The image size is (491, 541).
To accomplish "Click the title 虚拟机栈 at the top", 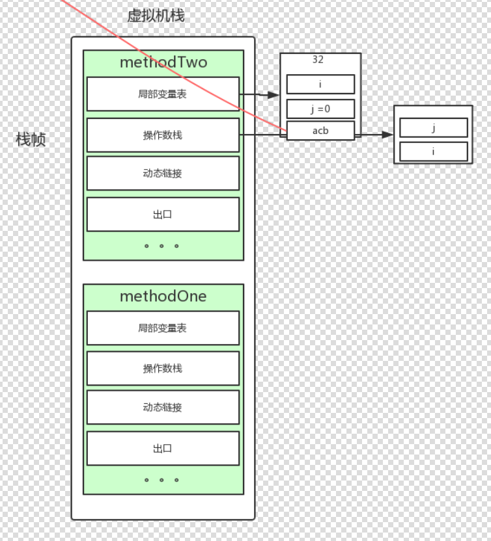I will [x=156, y=16].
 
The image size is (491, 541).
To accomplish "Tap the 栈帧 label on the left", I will [x=31, y=139].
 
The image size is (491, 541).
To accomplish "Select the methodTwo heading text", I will [x=163, y=62].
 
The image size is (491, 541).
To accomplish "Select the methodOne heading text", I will [x=163, y=297].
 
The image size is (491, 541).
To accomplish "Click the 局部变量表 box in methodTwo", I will [x=163, y=94].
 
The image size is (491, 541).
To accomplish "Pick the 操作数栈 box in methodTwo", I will [x=163, y=135].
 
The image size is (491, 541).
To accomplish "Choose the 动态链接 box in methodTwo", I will [x=163, y=174].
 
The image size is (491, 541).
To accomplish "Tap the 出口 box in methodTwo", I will [x=163, y=215].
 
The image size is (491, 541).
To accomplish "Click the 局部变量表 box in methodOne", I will [x=163, y=328].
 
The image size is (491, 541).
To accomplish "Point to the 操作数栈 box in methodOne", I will [x=163, y=369].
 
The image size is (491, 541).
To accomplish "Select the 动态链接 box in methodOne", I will [x=163, y=408].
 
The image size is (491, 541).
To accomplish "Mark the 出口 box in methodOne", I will [x=163, y=449].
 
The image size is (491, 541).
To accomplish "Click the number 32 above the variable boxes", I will [x=318, y=60].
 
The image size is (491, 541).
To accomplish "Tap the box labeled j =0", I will [x=320, y=109].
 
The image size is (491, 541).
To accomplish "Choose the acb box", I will [x=320, y=131].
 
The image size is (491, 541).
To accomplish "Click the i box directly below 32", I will [x=320, y=85].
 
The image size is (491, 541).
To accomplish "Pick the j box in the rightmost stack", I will [x=434, y=128].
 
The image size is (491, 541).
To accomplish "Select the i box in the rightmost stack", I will [x=434, y=152].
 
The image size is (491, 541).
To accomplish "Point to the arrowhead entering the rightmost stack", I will [x=388, y=135].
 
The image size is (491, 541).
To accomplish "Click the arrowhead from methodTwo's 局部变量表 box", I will [x=274, y=95].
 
